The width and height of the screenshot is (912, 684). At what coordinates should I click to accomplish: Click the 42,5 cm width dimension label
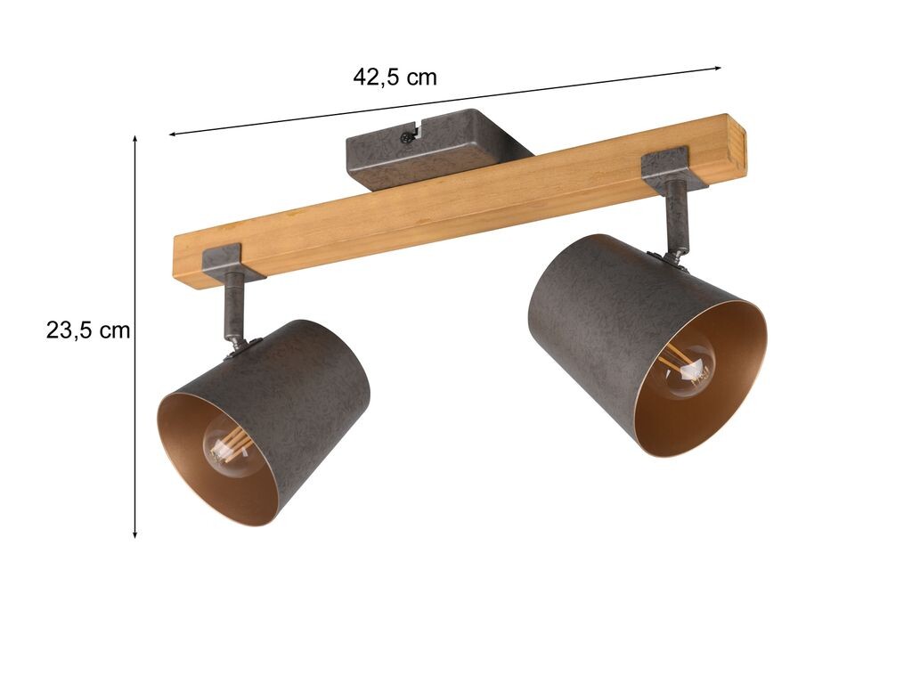[x=395, y=77]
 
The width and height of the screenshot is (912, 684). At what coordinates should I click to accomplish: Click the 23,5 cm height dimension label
[x=88, y=330]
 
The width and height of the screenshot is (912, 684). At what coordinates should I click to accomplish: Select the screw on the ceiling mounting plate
[x=406, y=138]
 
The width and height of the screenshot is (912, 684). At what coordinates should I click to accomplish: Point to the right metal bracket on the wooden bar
[x=673, y=167]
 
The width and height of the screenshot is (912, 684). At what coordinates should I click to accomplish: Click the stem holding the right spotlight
[x=677, y=216]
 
